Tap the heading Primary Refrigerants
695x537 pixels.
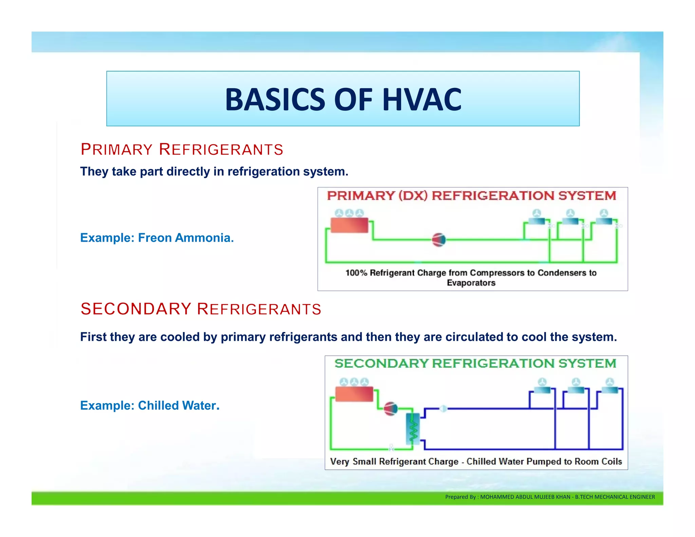(x=182, y=150)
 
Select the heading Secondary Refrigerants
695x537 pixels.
(x=201, y=309)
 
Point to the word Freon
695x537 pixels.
(x=154, y=238)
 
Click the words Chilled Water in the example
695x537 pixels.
(x=177, y=405)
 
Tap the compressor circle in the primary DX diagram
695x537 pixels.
(x=438, y=240)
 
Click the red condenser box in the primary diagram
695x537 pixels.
(x=349, y=225)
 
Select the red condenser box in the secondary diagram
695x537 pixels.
(x=354, y=394)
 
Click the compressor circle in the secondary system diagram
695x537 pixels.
(x=390, y=409)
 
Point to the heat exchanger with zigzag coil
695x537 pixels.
(x=413, y=428)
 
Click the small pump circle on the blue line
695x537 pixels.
(x=443, y=409)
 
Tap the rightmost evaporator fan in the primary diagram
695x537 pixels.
(x=604, y=213)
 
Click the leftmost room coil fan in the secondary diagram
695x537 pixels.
(x=542, y=382)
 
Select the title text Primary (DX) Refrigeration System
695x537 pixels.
(x=471, y=196)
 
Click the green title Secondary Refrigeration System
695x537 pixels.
(x=475, y=364)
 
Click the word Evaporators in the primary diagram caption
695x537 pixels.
(x=471, y=283)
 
